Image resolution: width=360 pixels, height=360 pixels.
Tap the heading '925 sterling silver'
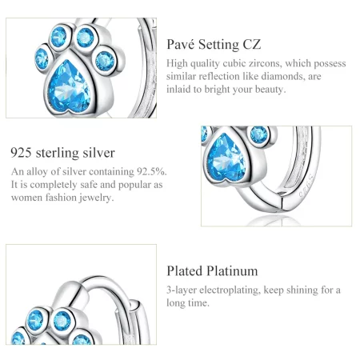coord(62,152)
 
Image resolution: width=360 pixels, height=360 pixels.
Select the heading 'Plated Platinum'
coord(212,271)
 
